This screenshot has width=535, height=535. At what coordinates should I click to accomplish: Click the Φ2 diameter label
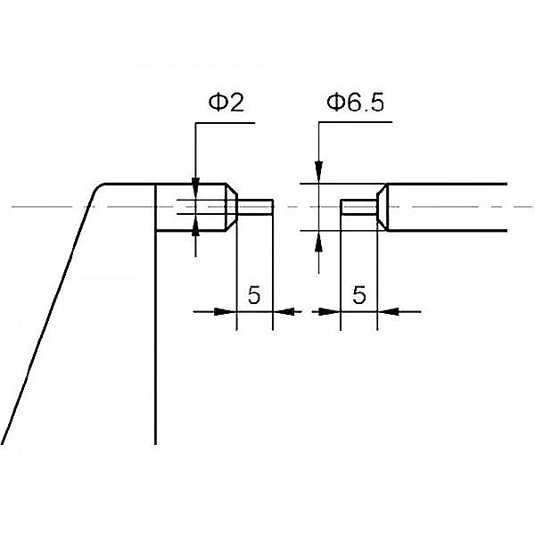point(226,103)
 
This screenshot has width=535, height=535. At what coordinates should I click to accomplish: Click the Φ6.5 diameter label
point(355,103)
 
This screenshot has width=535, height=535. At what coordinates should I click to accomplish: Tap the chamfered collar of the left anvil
point(229,208)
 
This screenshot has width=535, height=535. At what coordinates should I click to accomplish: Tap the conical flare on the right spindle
point(381,208)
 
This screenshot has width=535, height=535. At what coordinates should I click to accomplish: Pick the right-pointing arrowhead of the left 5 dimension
point(226,311)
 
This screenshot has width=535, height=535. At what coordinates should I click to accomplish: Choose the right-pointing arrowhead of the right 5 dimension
point(331,311)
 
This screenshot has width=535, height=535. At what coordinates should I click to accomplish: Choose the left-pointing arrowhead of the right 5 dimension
point(388,311)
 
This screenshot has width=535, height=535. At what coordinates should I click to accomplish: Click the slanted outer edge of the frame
point(45,321)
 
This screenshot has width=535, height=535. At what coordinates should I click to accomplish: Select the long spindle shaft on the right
point(446,208)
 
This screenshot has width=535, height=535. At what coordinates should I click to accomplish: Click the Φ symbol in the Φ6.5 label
point(335,103)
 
